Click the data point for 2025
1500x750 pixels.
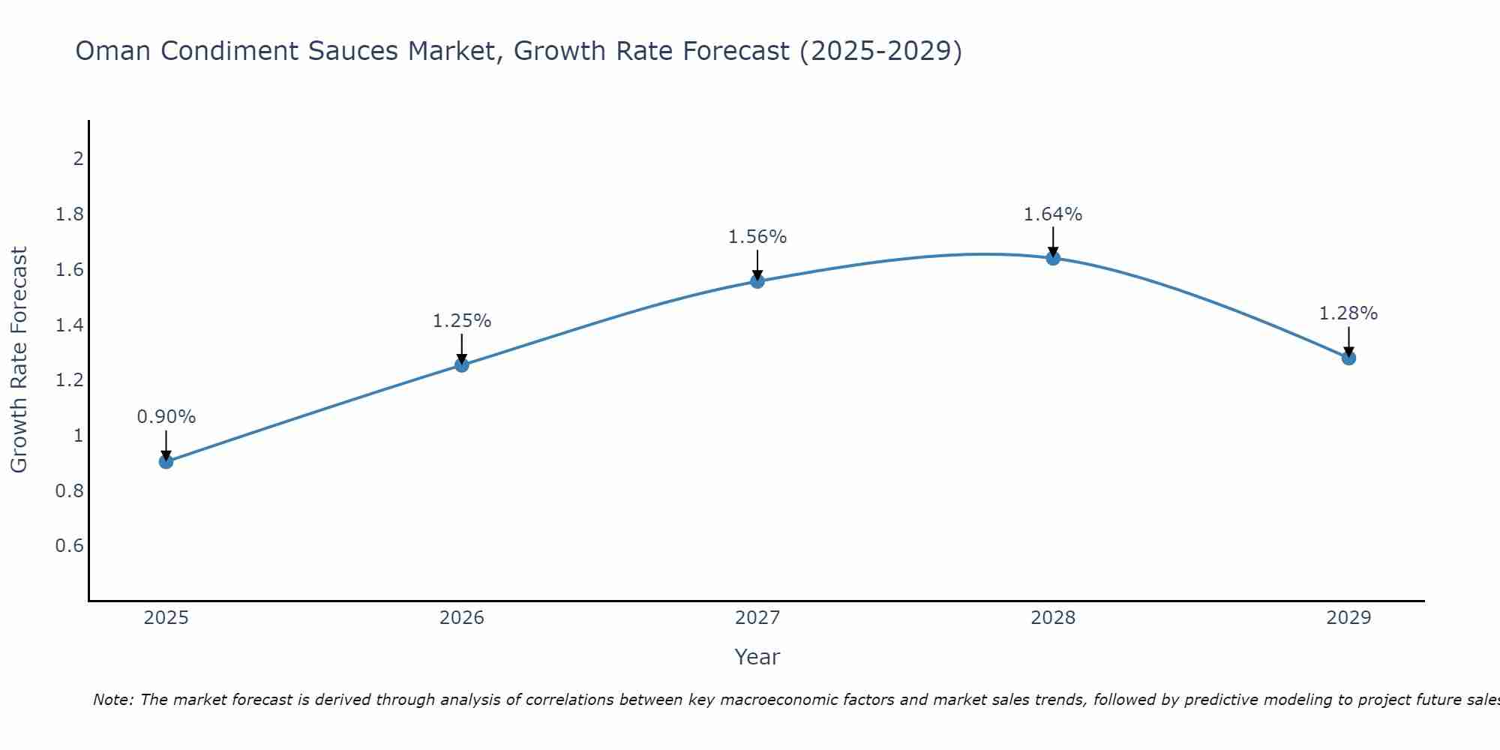pyautogui.click(x=166, y=461)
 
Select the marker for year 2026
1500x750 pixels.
pyautogui.click(x=462, y=365)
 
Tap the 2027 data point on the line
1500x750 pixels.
pyautogui.click(x=757, y=281)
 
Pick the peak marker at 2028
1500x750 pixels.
pyautogui.click(x=1053, y=258)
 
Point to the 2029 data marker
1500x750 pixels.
pyautogui.click(x=1348, y=358)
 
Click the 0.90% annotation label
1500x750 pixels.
pyautogui.click(x=166, y=417)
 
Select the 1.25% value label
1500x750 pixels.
pyautogui.click(x=462, y=321)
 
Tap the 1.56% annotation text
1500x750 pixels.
pyautogui.click(x=757, y=237)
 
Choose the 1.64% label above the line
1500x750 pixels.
pyautogui.click(x=1053, y=214)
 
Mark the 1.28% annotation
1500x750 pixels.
pyautogui.click(x=1348, y=313)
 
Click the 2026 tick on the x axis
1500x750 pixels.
pyautogui.click(x=462, y=618)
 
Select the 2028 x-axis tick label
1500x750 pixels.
pyautogui.click(x=1053, y=618)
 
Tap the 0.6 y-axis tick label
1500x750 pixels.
pyautogui.click(x=69, y=546)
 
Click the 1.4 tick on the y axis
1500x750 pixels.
pyautogui.click(x=69, y=325)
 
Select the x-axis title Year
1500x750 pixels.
pyautogui.click(x=757, y=657)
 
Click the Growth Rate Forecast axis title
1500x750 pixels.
pyautogui.click(x=19, y=360)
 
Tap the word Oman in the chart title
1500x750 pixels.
pyautogui.click(x=113, y=52)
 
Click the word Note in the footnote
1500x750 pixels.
pyautogui.click(x=112, y=700)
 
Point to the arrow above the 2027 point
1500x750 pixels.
pyautogui.click(x=757, y=264)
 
